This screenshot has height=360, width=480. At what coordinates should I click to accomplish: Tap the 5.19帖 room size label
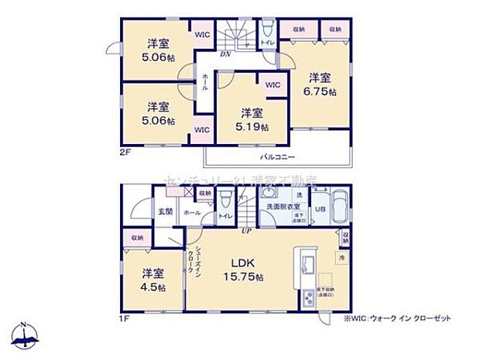pyautogui.click(x=252, y=125)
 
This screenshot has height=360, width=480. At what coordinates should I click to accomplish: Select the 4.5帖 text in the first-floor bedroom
pyautogui.click(x=152, y=287)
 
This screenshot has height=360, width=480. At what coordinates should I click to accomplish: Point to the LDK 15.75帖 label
pyautogui.click(x=242, y=276)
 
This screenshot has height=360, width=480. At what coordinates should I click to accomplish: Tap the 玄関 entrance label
pyautogui.click(x=165, y=211)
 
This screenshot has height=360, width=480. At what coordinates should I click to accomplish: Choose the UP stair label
pyautogui.click(x=247, y=230)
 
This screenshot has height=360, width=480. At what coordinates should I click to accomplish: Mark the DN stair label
pyautogui.click(x=225, y=55)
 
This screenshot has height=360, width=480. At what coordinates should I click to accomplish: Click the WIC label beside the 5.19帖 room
pyautogui.click(x=273, y=85)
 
